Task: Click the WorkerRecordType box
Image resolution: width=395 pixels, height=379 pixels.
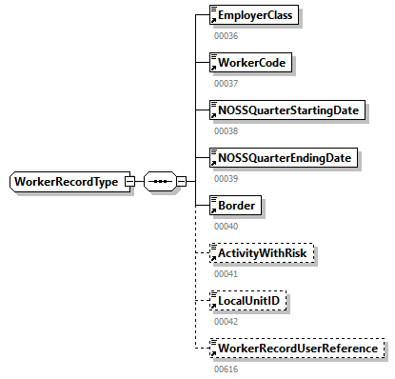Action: coord(66,182)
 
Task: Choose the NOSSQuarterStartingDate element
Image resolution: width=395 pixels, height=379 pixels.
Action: coord(286,110)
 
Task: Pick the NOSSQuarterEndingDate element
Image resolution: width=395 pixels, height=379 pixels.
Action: coord(284,158)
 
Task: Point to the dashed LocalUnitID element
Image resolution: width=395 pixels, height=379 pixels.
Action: coord(248,301)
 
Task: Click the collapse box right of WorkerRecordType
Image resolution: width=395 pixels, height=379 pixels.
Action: coord(129,182)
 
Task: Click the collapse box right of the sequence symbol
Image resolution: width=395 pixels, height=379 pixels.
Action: coord(181,182)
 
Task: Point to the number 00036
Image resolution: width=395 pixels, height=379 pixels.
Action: coord(225,36)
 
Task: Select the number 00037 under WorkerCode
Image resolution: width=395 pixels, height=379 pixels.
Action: coord(225,84)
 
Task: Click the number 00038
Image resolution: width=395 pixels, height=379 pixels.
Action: coord(225,131)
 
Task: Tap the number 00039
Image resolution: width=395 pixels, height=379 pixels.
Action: coord(225,179)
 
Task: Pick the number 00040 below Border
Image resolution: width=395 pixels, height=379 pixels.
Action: coord(225,227)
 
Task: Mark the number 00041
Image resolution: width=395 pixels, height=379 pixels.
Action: coord(225,274)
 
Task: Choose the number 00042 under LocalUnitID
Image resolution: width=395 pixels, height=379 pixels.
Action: coord(225,322)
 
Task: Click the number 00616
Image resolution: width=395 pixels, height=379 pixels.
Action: coord(225,369)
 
